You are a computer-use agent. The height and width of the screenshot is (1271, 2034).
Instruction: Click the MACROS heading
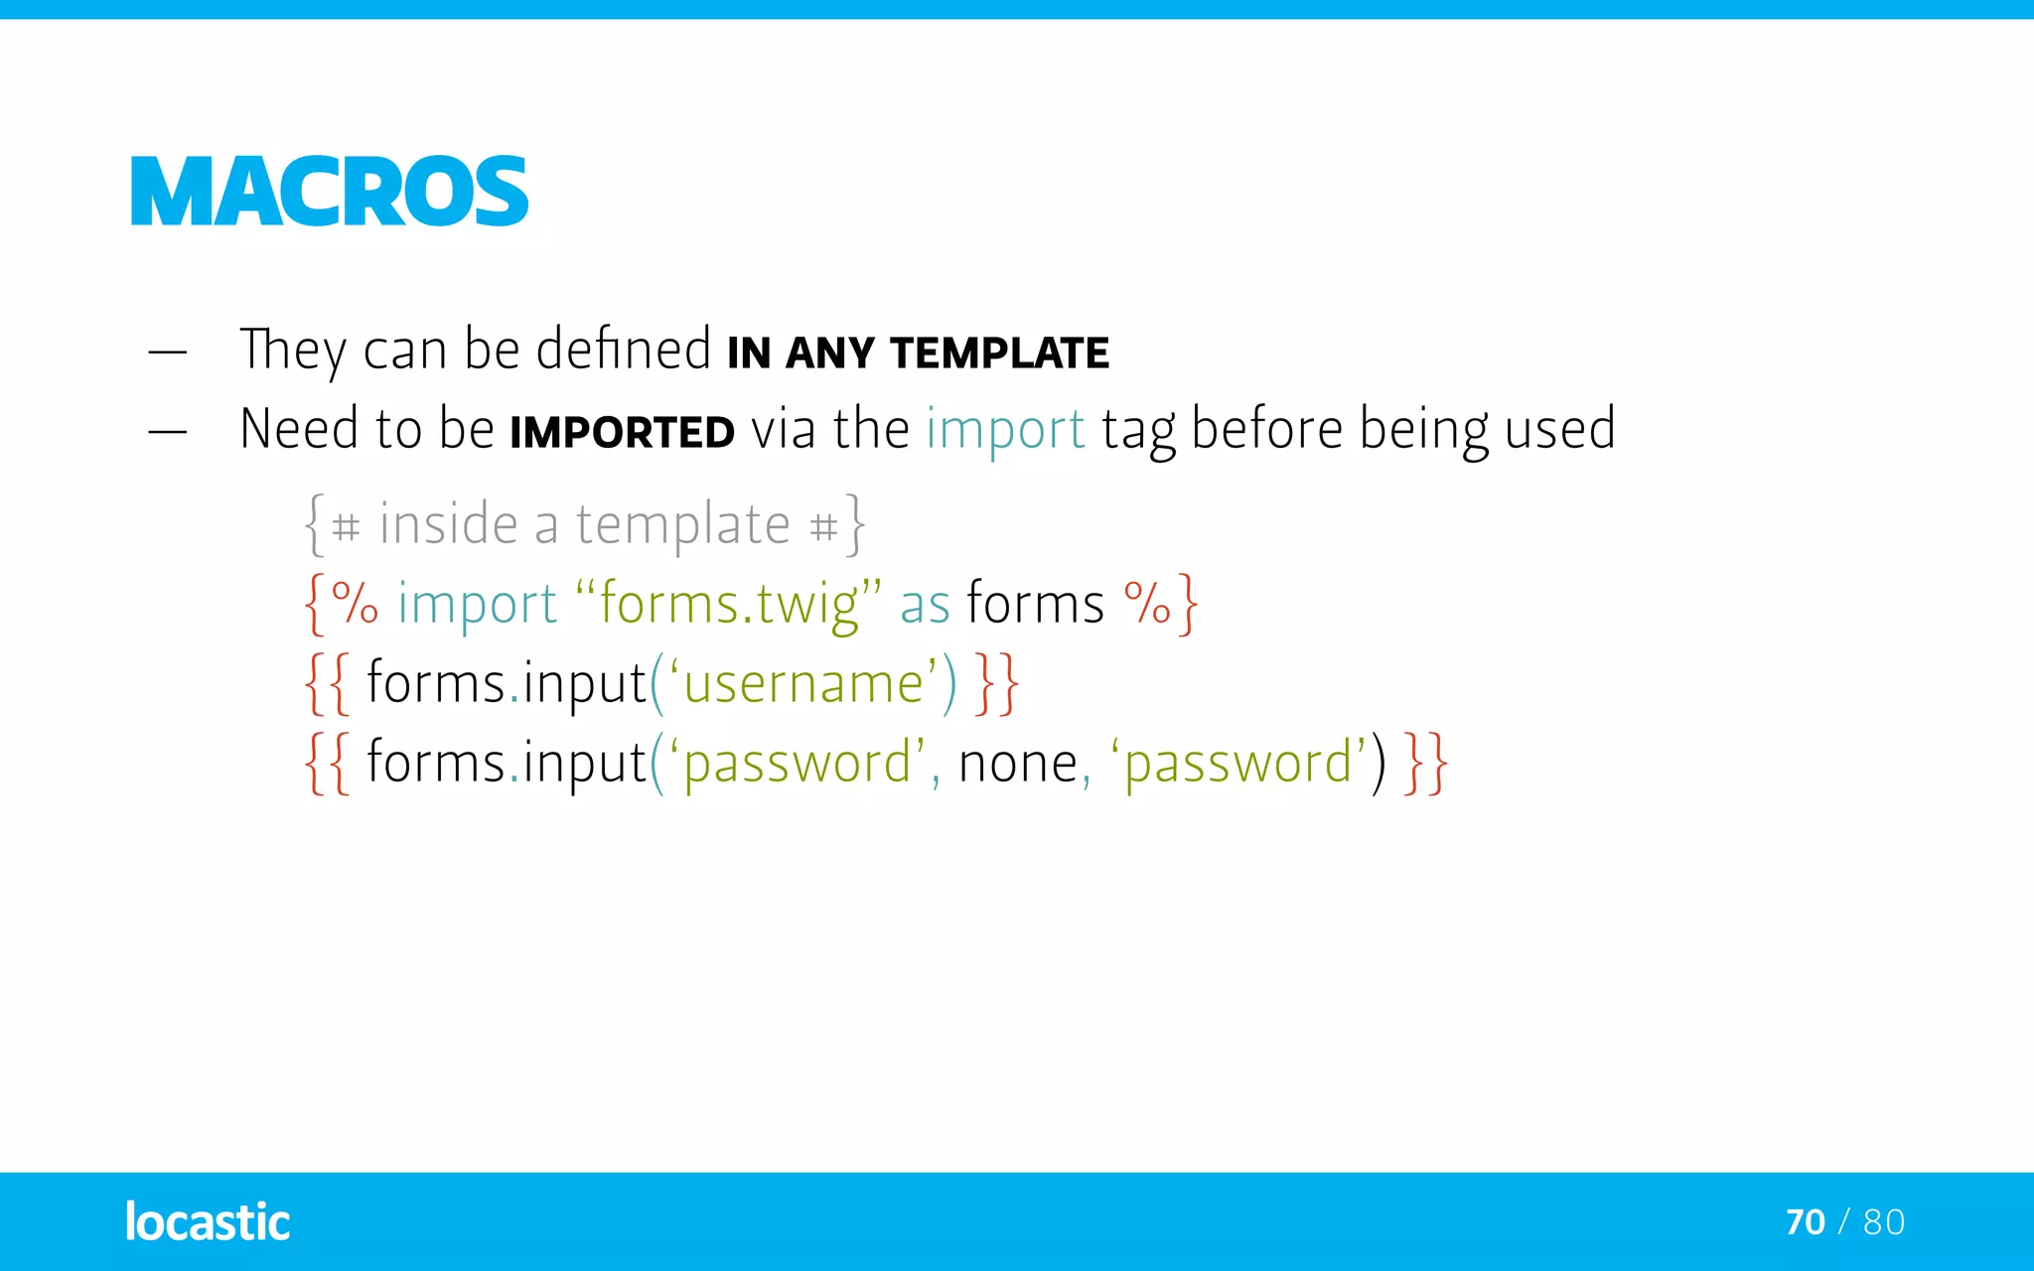click(329, 192)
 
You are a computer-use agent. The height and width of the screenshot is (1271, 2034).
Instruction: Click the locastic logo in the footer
click(207, 1222)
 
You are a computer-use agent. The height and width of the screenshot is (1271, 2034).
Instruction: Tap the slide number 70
click(1805, 1222)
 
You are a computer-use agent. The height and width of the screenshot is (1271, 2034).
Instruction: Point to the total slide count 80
click(1884, 1222)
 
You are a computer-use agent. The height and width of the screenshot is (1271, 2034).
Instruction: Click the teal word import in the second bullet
click(1005, 430)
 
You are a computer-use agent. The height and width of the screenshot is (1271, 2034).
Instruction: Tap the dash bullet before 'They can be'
click(167, 353)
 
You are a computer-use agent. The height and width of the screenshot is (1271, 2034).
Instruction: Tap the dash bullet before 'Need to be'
click(167, 432)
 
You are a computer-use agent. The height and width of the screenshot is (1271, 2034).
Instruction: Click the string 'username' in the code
click(803, 684)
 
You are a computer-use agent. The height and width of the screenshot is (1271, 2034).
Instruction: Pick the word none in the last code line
click(1018, 764)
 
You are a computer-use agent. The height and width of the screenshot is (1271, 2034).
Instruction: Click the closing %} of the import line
click(1160, 604)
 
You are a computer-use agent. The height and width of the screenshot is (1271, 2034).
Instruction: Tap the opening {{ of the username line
click(327, 684)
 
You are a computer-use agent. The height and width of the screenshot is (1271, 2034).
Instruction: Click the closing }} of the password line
click(1425, 764)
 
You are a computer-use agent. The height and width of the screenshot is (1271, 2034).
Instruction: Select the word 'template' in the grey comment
click(683, 524)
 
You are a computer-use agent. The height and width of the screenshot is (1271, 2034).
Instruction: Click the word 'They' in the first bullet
click(293, 351)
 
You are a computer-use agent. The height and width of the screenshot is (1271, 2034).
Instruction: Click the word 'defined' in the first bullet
click(624, 350)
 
